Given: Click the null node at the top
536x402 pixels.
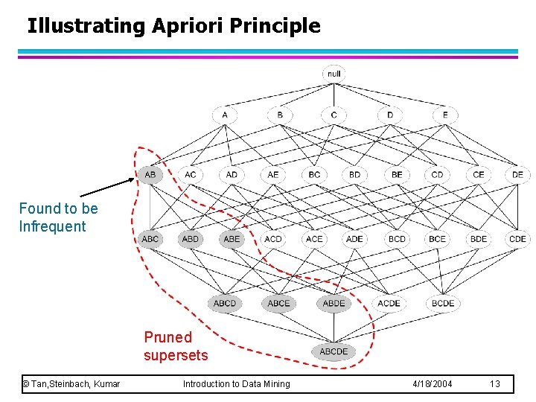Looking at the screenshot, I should [x=334, y=74].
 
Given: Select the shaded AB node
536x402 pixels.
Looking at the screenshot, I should [x=150, y=175].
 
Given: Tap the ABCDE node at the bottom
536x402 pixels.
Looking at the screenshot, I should [x=334, y=351].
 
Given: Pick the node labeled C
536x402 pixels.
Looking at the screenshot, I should [x=334, y=115].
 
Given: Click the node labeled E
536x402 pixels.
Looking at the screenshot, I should [x=445, y=115].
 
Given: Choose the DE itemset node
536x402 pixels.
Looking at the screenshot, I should [x=517, y=175].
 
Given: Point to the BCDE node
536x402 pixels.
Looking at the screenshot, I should [x=443, y=303].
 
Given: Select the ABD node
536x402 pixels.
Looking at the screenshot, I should [x=191, y=239].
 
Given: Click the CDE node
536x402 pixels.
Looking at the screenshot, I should [x=517, y=239].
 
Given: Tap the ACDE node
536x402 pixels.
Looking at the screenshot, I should [x=389, y=303].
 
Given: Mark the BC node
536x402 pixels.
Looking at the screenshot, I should [x=314, y=175].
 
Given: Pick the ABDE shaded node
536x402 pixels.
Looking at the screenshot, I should [x=334, y=303].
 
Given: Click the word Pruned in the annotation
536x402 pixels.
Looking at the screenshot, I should [x=167, y=337].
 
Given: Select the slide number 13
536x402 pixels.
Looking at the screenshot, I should [x=495, y=384].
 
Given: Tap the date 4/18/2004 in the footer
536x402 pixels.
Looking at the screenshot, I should [x=432, y=384].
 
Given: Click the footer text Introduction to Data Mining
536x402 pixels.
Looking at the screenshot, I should [x=237, y=384].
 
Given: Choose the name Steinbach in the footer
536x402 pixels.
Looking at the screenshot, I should [x=74, y=384].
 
